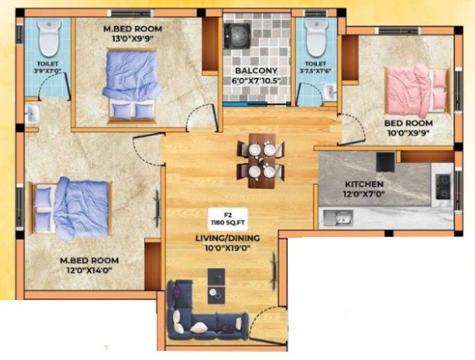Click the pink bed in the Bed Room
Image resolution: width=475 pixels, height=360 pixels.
[418, 91]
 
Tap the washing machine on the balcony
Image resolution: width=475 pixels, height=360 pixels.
[237, 36]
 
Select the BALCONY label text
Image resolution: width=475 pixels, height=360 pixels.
[256, 71]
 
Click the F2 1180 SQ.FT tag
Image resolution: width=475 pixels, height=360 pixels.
[227, 219]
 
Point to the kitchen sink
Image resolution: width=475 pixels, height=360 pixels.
[338, 218]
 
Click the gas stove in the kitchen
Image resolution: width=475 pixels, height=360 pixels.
[443, 186]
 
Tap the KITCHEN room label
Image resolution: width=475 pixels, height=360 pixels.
[364, 184]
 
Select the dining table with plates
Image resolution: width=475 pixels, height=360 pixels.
[262, 160]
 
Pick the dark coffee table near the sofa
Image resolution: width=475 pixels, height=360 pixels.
[216, 286]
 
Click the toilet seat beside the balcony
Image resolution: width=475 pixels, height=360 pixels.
[314, 37]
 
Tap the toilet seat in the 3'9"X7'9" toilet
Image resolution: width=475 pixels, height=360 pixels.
[49, 37]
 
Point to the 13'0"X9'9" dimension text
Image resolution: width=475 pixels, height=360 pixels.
[133, 39]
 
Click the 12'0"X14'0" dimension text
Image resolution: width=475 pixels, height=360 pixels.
[89, 270]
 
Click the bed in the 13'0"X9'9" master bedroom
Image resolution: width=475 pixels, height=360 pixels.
[131, 86]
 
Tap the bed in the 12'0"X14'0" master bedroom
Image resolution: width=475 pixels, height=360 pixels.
[70, 208]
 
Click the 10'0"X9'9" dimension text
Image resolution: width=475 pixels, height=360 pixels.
[408, 133]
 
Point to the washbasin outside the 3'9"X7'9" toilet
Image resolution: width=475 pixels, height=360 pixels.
[32, 114]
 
